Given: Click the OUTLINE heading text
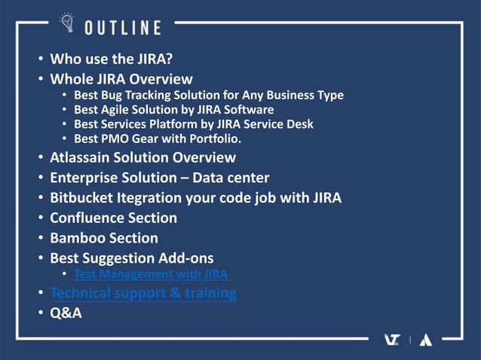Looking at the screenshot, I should tap(122, 28).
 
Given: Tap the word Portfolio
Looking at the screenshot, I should tap(210, 139).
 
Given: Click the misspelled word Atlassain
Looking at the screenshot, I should tap(82, 158).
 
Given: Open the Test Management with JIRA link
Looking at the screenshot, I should tap(151, 274).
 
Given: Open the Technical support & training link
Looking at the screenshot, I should tap(142, 293).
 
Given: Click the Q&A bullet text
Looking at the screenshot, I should tap(66, 313).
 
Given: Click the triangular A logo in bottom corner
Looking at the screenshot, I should tap(425, 340).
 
